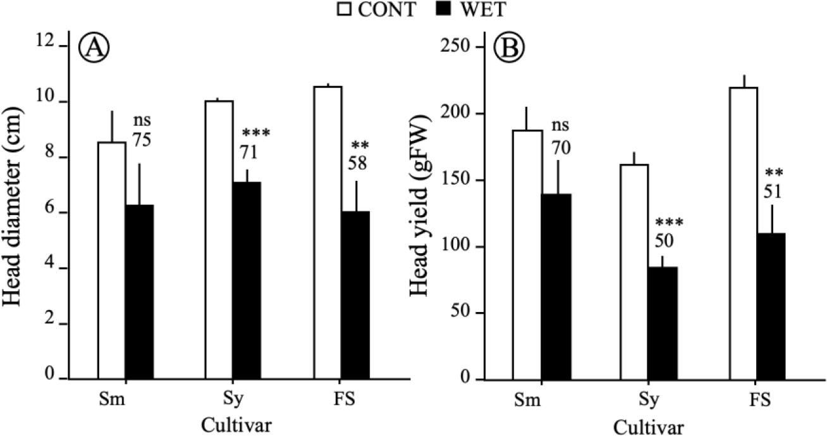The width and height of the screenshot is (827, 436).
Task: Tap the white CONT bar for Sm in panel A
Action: click(x=111, y=259)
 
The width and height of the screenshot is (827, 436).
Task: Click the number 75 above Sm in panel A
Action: click(x=142, y=140)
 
